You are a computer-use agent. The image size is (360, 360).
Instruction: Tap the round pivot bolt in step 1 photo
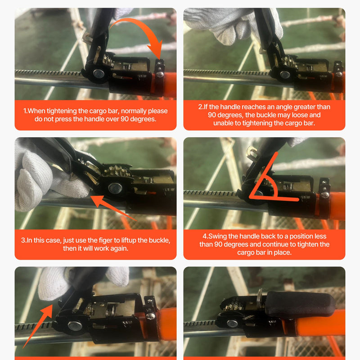[x=99, y=74]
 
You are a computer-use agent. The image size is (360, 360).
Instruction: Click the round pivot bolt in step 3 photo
[x=115, y=188]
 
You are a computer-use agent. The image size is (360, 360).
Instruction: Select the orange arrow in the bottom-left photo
[x=38, y=326]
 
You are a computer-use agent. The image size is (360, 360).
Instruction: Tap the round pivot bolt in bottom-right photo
[x=232, y=323]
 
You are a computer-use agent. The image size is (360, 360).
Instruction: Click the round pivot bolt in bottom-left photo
[x=75, y=326]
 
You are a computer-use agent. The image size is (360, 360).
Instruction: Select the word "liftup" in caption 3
[x=129, y=240]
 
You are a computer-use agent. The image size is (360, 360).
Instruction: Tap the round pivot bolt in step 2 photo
[x=285, y=75]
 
